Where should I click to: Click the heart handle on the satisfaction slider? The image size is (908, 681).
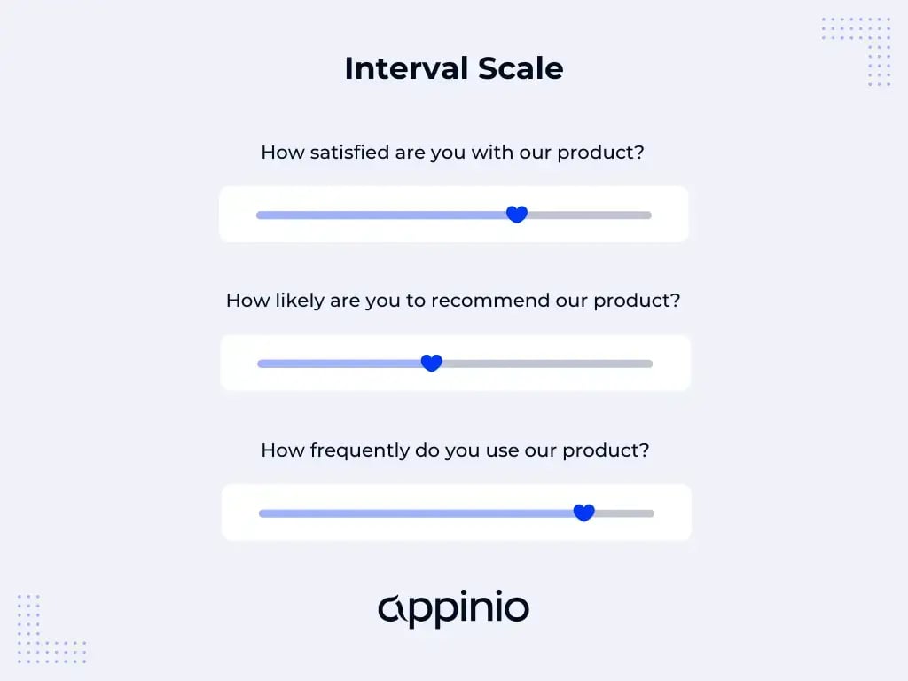517,215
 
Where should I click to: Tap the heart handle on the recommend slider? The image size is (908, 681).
431,364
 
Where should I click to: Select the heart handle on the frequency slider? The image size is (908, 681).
583,513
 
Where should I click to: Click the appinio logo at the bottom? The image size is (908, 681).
453,609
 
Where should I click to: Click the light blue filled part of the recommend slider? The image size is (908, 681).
337,364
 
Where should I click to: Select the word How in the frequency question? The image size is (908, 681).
282,450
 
